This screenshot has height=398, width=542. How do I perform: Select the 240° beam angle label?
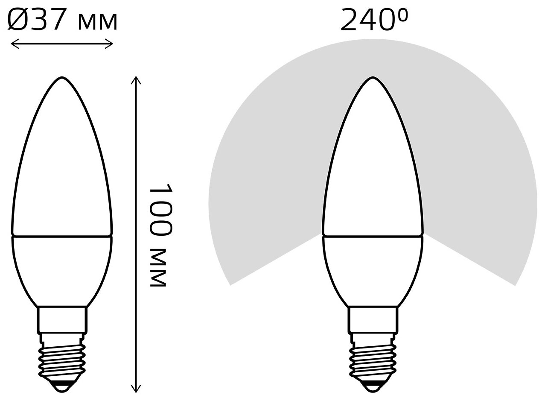(x=374, y=19)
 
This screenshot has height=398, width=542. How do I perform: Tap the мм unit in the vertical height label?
(x=158, y=267)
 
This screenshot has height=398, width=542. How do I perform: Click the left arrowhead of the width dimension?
(x=15, y=44)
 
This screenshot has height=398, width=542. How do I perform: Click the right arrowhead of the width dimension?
(x=109, y=44)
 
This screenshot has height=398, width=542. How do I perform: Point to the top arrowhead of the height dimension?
(x=136, y=80)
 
